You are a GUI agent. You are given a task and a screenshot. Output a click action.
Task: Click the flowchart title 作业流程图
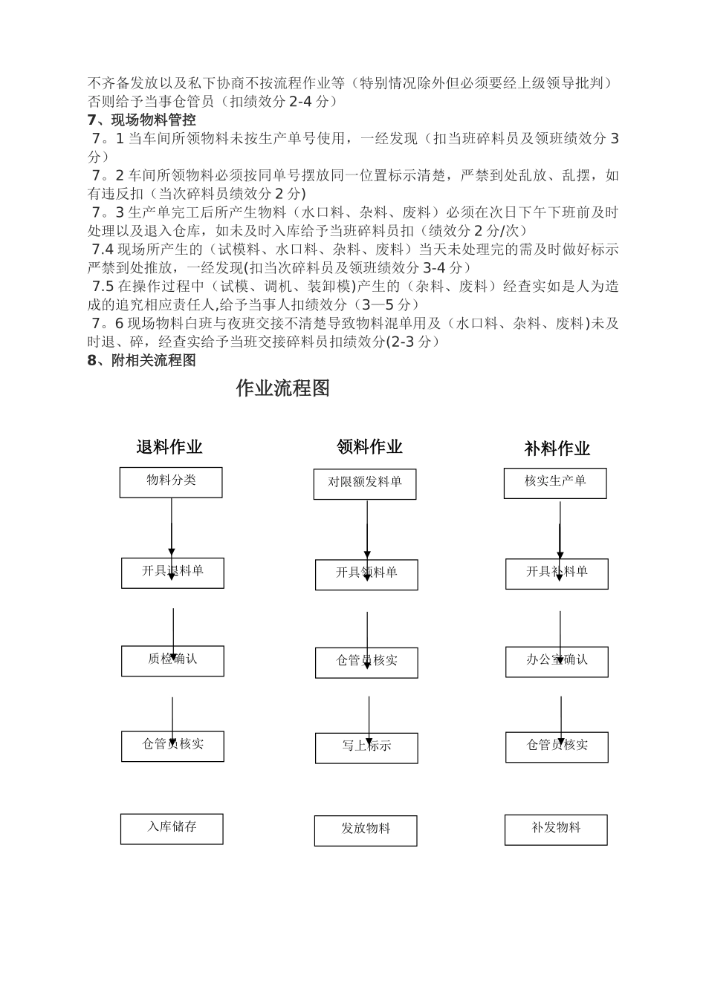tap(282, 388)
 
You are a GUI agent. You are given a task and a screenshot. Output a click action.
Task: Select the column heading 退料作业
tap(169, 447)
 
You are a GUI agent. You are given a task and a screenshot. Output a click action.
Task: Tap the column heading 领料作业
tap(369, 446)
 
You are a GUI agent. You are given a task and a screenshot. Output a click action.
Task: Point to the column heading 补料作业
tap(557, 449)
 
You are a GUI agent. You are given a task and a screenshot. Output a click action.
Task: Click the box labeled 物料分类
tap(171, 482)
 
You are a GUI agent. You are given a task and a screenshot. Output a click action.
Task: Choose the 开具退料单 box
tap(172, 573)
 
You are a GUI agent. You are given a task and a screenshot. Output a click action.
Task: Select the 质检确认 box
tap(172, 660)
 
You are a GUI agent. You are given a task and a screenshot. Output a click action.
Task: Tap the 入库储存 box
tap(172, 829)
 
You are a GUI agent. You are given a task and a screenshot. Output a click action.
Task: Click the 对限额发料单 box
tap(365, 484)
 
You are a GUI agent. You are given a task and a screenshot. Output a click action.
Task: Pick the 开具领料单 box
tap(366, 575)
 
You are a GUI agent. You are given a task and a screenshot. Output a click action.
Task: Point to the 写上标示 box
tap(366, 748)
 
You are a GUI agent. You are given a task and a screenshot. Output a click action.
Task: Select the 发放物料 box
tap(366, 830)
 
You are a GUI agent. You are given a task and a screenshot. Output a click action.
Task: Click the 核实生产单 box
tap(555, 483)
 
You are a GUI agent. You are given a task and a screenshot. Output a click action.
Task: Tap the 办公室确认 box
tap(557, 661)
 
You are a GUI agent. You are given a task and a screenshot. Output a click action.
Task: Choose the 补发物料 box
tap(556, 829)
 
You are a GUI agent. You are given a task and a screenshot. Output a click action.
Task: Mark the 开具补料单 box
tap(557, 573)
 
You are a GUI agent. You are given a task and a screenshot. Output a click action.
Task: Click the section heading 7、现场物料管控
tap(141, 120)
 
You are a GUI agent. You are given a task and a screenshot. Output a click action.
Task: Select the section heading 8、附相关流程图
tap(141, 360)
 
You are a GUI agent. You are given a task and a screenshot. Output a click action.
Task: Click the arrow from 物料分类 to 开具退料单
tap(172, 527)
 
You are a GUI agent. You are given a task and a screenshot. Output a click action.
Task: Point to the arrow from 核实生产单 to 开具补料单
tap(560, 529)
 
